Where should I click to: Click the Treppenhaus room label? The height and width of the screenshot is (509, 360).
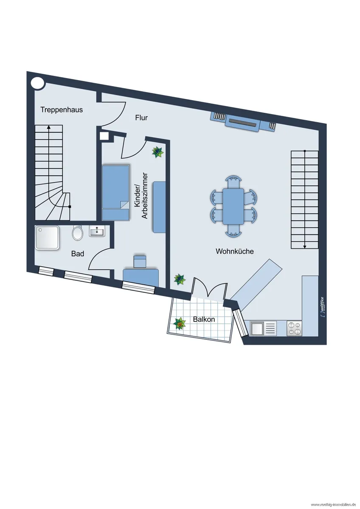[x=62, y=110]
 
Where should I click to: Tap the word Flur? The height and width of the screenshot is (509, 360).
[x=141, y=118]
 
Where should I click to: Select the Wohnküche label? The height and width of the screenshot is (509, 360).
[x=234, y=251]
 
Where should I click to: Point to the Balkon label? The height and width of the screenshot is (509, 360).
[x=204, y=319]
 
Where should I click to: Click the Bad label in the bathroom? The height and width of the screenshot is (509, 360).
[x=78, y=254]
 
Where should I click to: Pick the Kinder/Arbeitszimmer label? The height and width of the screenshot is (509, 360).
[x=141, y=196]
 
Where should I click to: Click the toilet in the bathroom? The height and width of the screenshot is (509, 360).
[x=77, y=232]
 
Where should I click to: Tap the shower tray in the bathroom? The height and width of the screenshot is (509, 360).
[x=47, y=238]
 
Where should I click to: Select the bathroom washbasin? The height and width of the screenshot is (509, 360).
[x=97, y=231]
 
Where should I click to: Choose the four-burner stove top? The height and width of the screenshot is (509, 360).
[x=294, y=328]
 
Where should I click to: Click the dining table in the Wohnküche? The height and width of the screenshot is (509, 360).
[x=233, y=206]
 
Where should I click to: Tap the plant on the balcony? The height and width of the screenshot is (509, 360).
[x=180, y=324]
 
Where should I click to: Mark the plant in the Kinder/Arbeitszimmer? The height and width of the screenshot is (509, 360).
[x=158, y=152]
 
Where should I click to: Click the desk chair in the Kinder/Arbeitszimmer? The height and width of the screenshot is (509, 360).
[x=139, y=261]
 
